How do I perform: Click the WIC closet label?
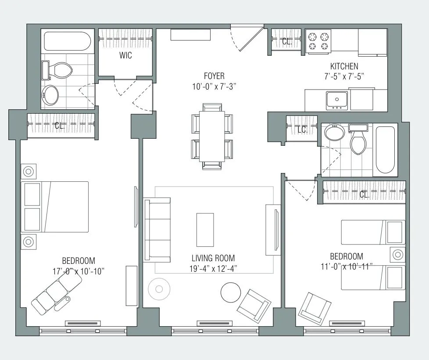125,56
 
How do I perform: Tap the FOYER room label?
214,76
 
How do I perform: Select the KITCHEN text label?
345,66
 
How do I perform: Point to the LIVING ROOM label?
213,258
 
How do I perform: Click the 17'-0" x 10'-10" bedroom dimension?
78,271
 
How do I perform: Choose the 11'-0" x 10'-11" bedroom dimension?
347,266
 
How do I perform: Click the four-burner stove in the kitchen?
318,41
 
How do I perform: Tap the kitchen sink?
337,100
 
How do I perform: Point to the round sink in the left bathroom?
51,95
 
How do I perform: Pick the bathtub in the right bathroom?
386,150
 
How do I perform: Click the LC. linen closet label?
302,130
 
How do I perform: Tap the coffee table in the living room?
205,230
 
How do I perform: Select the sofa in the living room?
157,230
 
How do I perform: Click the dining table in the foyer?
212,136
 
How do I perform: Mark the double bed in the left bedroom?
55,207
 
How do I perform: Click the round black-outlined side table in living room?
230,292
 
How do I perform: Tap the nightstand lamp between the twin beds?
398,255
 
